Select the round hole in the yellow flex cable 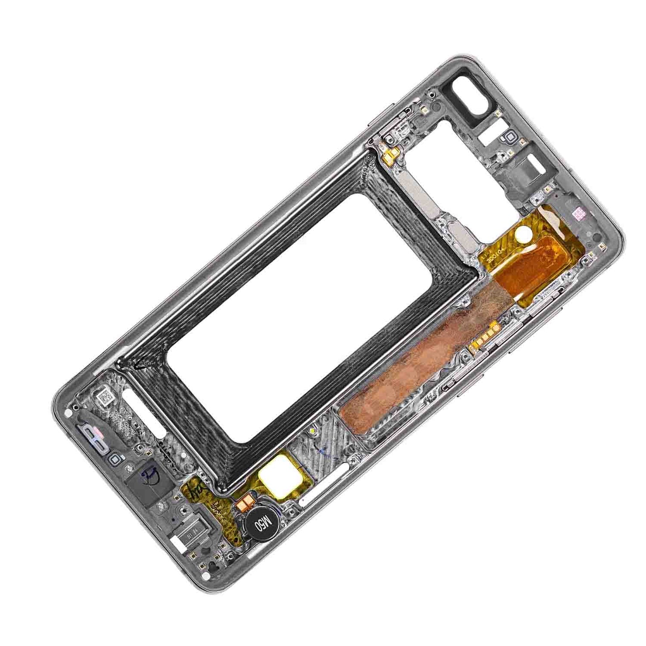tap(522, 234)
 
